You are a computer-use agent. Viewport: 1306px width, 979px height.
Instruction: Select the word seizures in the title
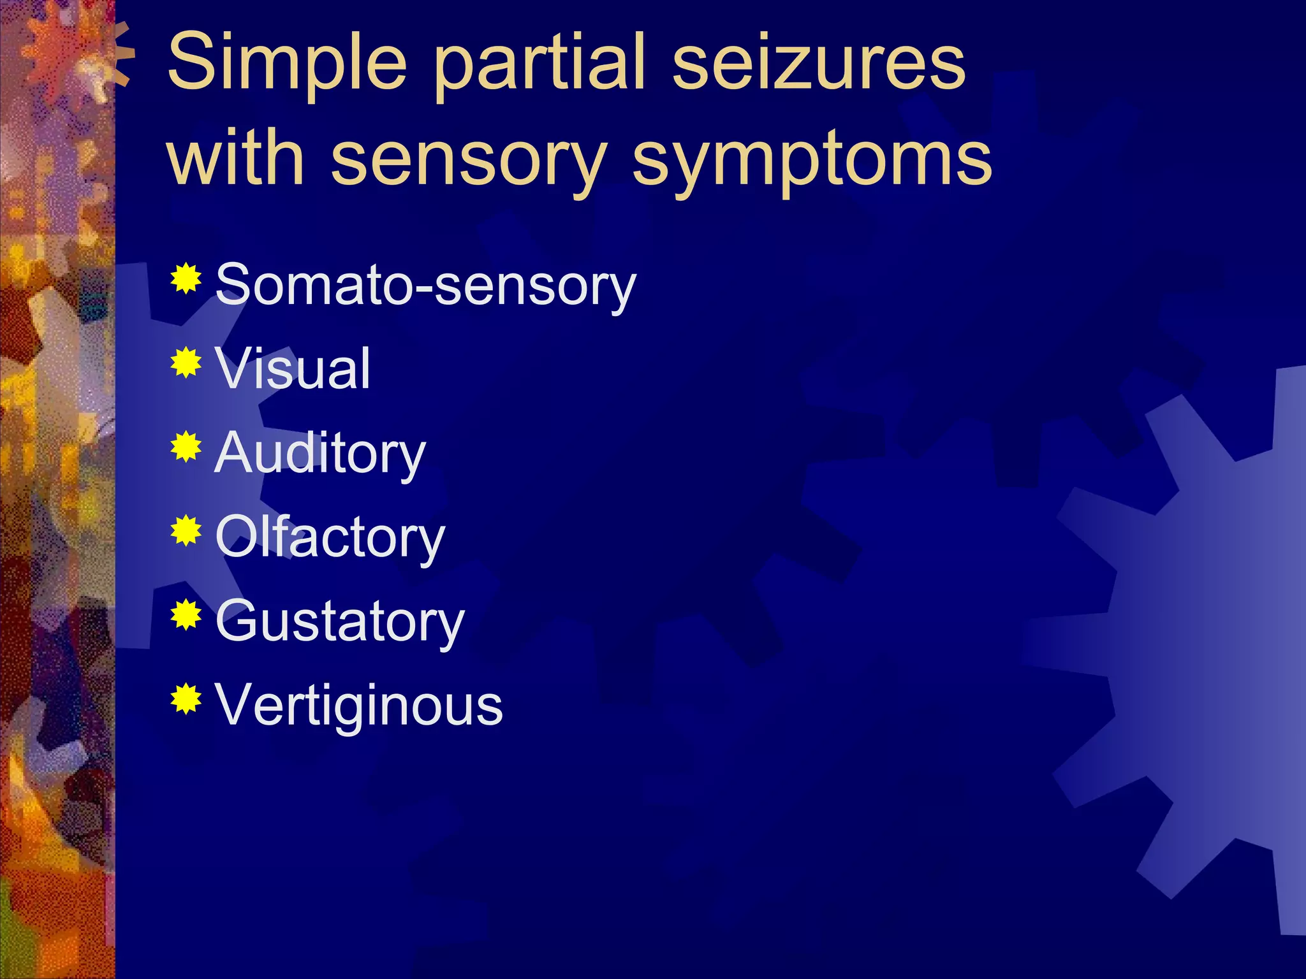click(x=819, y=62)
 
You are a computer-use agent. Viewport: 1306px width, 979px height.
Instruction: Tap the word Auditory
click(x=320, y=454)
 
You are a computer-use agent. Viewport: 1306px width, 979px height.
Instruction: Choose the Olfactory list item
click(x=330, y=538)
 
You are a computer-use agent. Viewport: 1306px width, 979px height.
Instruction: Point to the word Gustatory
click(x=340, y=621)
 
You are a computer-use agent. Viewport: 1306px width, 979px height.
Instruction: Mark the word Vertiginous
click(x=359, y=705)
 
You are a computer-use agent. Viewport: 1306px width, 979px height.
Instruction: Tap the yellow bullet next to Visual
click(x=186, y=363)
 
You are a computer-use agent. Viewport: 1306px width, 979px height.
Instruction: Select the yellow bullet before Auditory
click(x=186, y=447)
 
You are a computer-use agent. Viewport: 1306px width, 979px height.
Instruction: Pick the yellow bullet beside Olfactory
click(x=186, y=531)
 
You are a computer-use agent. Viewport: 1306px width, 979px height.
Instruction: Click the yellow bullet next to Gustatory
click(x=186, y=615)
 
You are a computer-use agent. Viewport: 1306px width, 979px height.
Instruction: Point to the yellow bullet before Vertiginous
click(x=186, y=699)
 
